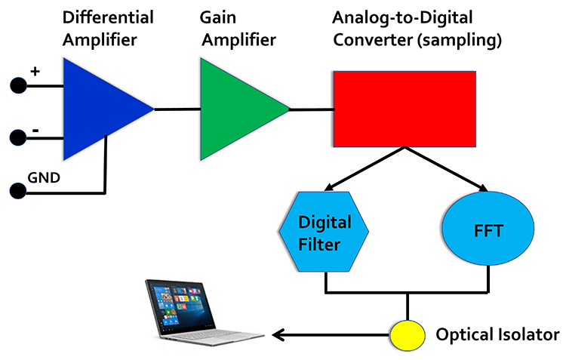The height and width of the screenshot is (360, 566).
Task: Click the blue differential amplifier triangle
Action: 98,110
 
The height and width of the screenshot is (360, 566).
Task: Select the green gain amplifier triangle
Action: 233,109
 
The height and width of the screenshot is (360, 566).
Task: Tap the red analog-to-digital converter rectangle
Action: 405,109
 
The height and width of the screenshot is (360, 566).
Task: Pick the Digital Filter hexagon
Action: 325,232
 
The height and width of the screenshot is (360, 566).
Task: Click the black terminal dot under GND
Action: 17,189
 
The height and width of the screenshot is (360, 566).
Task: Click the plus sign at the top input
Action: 35,72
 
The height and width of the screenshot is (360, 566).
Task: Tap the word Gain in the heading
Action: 216,17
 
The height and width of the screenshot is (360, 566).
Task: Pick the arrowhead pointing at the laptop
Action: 278,334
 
